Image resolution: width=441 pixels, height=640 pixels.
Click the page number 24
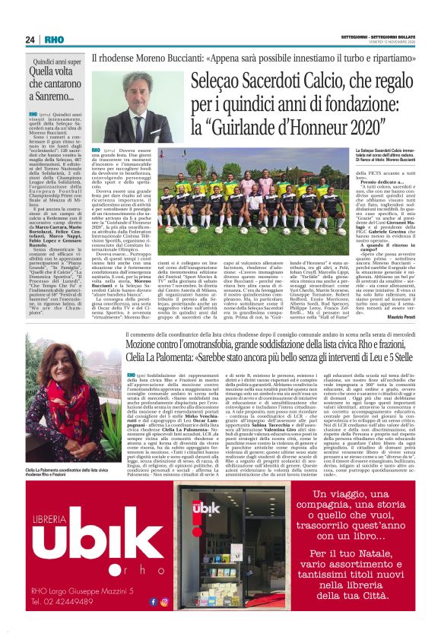pos(30,40)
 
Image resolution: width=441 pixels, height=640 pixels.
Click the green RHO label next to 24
pos(54,40)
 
